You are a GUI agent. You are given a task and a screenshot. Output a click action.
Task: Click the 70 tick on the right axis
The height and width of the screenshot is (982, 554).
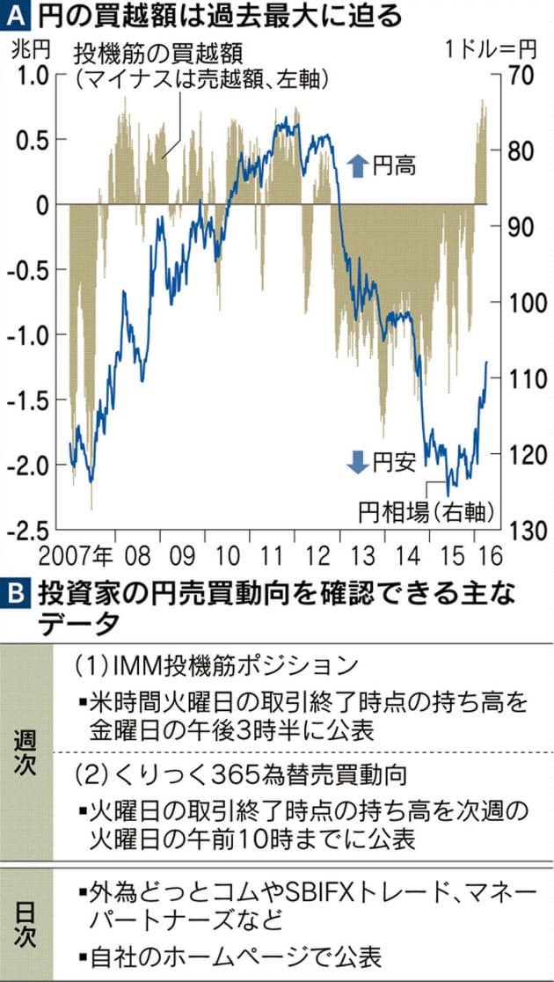(x=519, y=77)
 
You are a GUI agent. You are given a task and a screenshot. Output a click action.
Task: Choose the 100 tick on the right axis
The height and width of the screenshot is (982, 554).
(x=524, y=303)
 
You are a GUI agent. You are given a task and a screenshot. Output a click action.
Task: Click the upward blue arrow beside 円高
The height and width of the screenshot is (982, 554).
(x=356, y=164)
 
